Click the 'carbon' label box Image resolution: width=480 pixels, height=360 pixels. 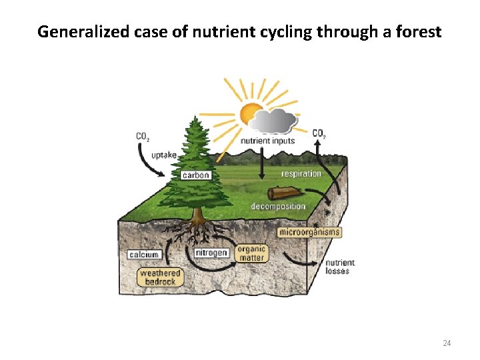click(196, 175)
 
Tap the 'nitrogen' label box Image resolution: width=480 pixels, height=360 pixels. click(212, 253)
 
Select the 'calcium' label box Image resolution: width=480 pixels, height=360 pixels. click(144, 255)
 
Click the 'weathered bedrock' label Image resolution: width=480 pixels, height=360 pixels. click(161, 277)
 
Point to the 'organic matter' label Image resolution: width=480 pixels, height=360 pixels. click(251, 253)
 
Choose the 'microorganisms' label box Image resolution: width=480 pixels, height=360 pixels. click(309, 233)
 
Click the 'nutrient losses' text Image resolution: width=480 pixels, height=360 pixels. click(340, 267)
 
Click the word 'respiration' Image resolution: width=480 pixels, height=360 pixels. click(301, 174)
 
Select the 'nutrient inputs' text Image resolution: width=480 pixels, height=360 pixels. click(267, 141)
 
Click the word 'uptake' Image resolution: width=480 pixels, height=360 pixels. click(164, 155)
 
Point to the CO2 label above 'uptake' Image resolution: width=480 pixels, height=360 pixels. click(143, 137)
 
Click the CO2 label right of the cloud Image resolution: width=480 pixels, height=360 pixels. click(319, 133)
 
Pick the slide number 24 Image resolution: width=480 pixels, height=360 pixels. click(447, 343)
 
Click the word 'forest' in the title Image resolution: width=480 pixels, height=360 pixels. click(417, 31)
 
